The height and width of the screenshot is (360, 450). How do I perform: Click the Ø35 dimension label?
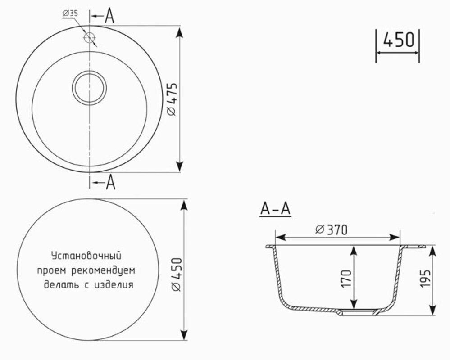[70, 13]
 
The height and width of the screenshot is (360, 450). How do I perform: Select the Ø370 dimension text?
[332, 229]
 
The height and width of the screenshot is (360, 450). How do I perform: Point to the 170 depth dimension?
[346, 279]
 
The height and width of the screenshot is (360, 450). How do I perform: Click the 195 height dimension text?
[425, 278]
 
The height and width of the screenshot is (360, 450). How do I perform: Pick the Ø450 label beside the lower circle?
[177, 274]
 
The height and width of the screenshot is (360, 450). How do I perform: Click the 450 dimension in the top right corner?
[399, 40]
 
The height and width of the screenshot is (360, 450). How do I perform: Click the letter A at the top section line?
[109, 16]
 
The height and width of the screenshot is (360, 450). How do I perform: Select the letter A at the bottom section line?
[110, 182]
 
